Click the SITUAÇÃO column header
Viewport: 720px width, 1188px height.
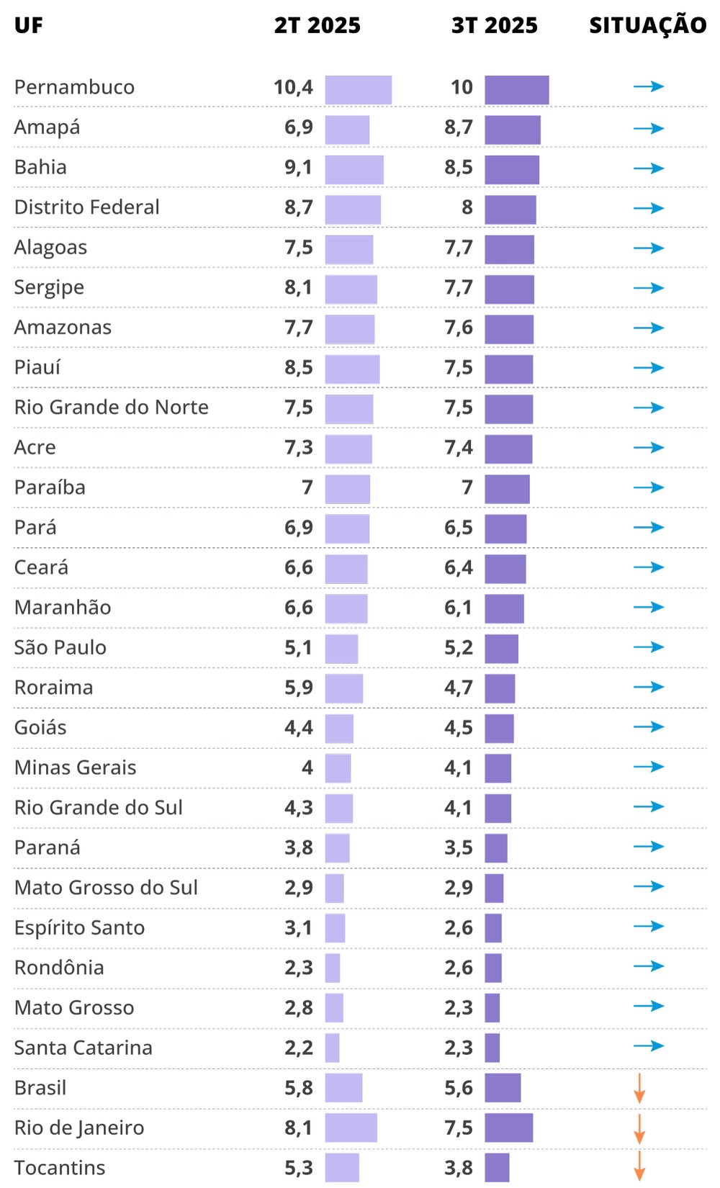pyautogui.click(x=647, y=26)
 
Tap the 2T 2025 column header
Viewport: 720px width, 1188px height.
pyautogui.click(x=317, y=26)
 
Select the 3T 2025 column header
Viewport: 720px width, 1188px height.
pyautogui.click(x=494, y=26)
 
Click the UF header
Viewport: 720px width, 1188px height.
pyautogui.click(x=28, y=26)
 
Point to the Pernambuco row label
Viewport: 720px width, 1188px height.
pyautogui.click(x=74, y=87)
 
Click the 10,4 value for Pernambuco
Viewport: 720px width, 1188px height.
pyautogui.click(x=293, y=87)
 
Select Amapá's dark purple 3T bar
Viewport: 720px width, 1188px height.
pyautogui.click(x=512, y=130)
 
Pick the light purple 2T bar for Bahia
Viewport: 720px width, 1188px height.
pyautogui.click(x=354, y=170)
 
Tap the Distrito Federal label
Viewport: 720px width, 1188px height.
pyautogui.click(x=86, y=207)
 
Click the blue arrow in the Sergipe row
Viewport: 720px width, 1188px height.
pyautogui.click(x=648, y=288)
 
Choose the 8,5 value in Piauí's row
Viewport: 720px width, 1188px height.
pyautogui.click(x=298, y=367)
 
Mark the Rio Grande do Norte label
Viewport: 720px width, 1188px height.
pyautogui.click(x=111, y=408)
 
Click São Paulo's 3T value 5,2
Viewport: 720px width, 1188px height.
pyautogui.click(x=458, y=647)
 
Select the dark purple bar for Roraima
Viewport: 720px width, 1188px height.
pyautogui.click(x=500, y=688)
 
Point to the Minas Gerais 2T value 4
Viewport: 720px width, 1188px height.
pyautogui.click(x=307, y=768)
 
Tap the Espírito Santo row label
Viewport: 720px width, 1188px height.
pyautogui.click(x=79, y=927)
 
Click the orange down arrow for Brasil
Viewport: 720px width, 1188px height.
pyautogui.click(x=639, y=1088)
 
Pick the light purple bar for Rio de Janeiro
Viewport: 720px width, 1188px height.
pyautogui.click(x=351, y=1128)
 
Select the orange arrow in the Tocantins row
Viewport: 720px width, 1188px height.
pyautogui.click(x=639, y=1166)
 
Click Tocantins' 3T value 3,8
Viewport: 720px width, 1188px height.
pyautogui.click(x=458, y=1168)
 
